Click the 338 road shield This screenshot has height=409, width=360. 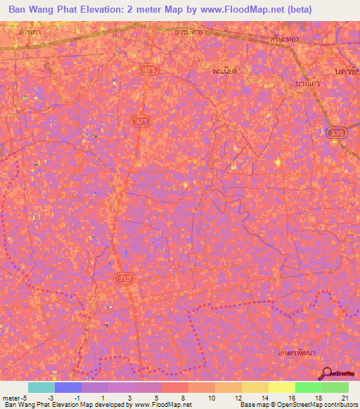coord(335,132)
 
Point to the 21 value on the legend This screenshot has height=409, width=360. coord(345,397)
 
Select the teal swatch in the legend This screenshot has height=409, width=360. coord(41,387)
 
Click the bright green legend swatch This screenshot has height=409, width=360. coord(308,387)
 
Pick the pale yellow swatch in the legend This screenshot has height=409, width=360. coord(281,387)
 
